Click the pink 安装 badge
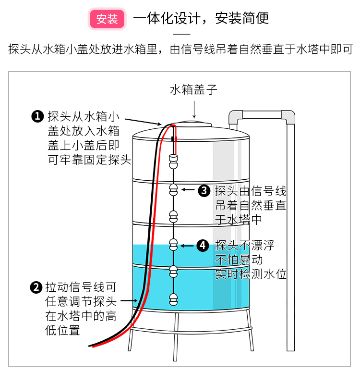107,19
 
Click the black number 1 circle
37,116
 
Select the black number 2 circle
36,288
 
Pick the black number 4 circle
204,246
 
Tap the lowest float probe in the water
174,299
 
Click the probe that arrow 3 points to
174,190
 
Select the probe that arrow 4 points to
174,245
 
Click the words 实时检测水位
251,275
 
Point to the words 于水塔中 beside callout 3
239,220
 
